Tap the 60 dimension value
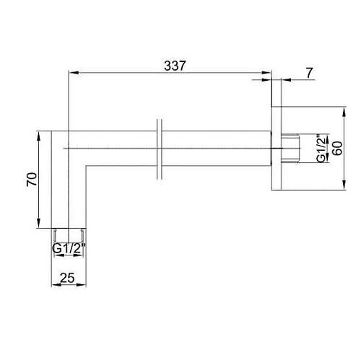click(x=336, y=149)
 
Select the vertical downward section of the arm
click(x=69, y=195)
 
